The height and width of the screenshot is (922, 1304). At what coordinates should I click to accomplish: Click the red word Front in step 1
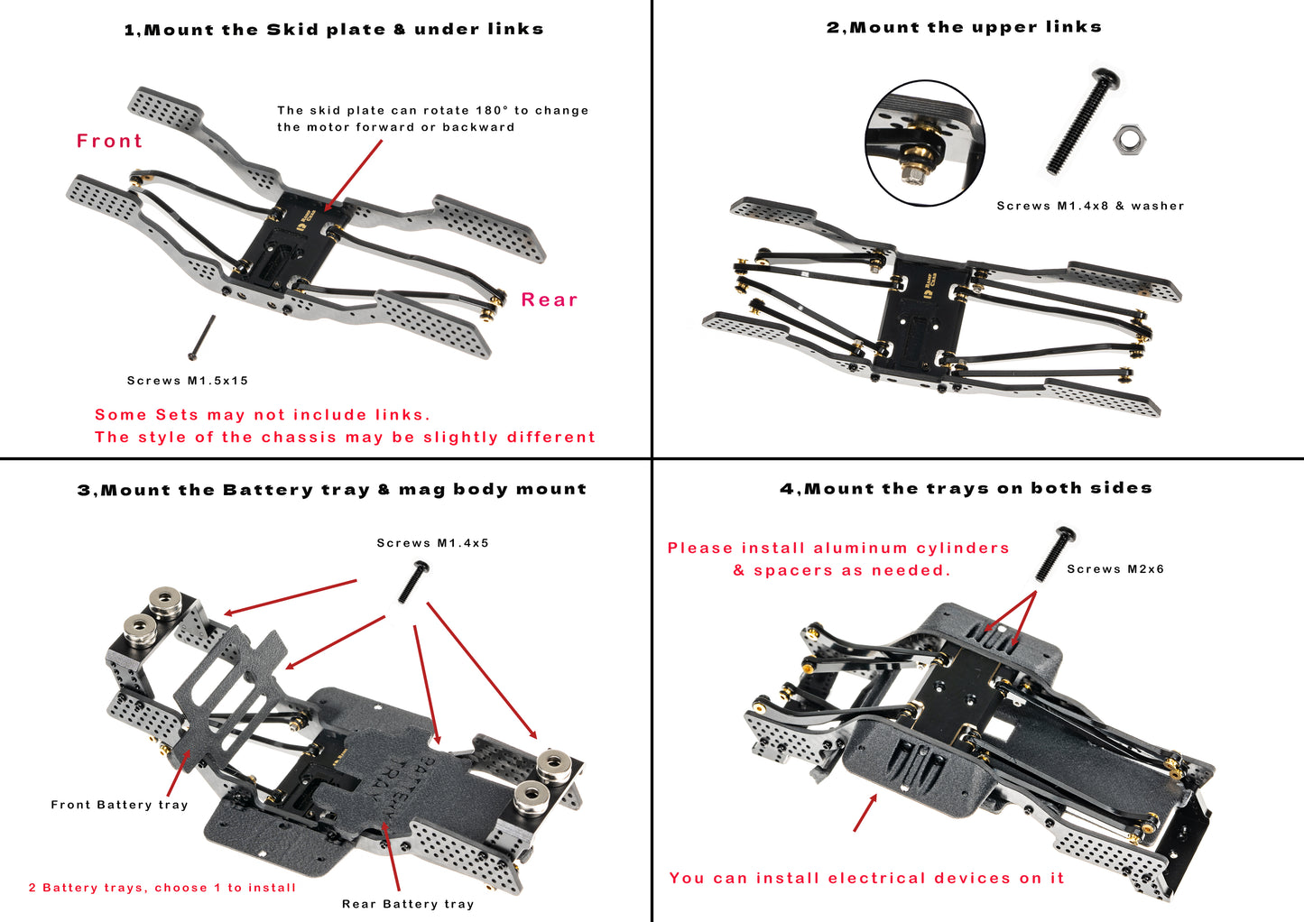[x=109, y=142]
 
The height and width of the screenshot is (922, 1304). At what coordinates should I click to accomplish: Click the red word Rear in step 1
[x=549, y=300]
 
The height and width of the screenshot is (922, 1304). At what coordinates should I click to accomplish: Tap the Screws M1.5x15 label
[x=188, y=381]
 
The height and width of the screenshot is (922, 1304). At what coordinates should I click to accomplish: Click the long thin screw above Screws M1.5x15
[x=201, y=337]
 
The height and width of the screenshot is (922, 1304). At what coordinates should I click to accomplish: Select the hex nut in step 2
[x=1129, y=140]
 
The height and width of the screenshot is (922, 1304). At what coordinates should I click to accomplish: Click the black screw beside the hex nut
[x=1083, y=121]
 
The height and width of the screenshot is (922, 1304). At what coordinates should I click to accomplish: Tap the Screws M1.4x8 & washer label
[x=1090, y=206]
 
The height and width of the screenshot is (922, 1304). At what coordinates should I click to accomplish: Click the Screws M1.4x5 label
[x=432, y=543]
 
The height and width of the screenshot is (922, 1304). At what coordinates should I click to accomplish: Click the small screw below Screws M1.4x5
[x=412, y=582]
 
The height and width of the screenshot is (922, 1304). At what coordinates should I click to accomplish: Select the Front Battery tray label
[x=119, y=805]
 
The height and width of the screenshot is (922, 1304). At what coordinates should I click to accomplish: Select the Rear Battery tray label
[x=408, y=904]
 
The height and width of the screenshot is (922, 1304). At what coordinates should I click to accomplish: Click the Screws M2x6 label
[x=1115, y=569]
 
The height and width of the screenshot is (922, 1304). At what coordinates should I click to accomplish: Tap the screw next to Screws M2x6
[x=1054, y=553]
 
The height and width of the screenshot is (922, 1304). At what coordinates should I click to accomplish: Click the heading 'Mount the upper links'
[x=964, y=27]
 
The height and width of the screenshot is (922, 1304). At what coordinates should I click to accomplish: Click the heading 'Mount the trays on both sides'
[x=966, y=488]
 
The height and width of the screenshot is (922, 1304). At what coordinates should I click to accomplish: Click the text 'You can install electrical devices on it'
[x=866, y=878]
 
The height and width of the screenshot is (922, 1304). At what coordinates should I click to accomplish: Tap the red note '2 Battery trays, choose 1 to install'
[x=162, y=888]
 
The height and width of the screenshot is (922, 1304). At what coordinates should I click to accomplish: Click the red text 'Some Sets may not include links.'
[x=263, y=415]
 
